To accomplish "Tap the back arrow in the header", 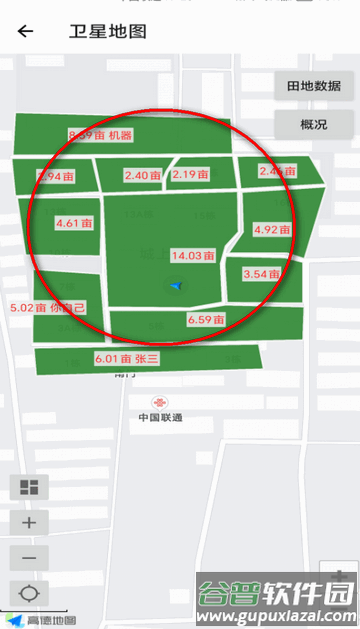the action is [25, 31].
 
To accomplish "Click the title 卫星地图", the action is [109, 31].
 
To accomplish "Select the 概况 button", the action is [313, 125].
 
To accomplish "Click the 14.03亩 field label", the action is [193, 256].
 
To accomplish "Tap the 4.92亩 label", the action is [272, 229].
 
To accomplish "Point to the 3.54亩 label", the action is [261, 274].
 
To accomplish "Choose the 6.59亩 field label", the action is [204, 320].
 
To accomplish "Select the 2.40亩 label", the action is [143, 175].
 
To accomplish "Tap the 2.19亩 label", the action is [190, 174].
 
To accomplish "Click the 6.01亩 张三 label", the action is [127, 358].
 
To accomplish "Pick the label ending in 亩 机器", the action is [100, 135].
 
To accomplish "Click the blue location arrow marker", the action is [177, 287].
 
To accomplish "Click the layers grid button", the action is [28, 488].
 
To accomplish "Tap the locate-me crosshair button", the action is [28, 593].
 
